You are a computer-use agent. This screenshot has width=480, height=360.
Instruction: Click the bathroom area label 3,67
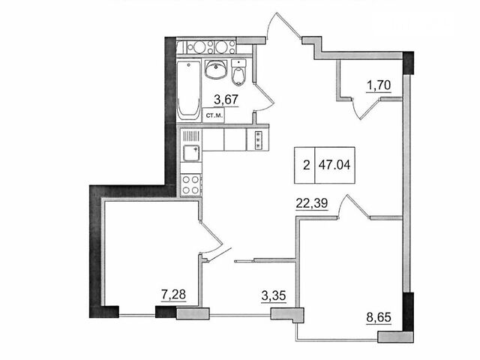pos(226,100)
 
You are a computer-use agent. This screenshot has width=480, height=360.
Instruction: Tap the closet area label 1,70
pos(379,85)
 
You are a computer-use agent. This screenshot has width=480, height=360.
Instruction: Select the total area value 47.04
pos(334,165)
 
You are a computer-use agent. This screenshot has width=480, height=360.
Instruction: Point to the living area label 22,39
pos(312,203)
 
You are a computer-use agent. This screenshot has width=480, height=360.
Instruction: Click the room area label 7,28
pos(173,295)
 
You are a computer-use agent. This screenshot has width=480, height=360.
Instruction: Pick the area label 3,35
pos(274,296)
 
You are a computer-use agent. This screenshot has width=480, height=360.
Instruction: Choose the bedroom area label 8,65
pos(379,317)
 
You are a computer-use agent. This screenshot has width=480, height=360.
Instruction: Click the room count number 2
pos(306,166)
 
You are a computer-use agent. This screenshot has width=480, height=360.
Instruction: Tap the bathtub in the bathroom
pos(188,90)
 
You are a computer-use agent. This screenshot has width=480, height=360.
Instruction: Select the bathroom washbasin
pos(215,69)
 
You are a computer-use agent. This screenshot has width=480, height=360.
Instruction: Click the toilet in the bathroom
pos(238,73)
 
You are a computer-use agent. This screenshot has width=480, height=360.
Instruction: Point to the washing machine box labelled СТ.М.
pos(213,115)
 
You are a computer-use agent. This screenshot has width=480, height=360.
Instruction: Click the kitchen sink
pos(192,153)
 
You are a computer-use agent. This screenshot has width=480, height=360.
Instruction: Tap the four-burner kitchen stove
pos(190,185)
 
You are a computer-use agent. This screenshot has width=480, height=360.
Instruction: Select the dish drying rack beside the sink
pos(192,135)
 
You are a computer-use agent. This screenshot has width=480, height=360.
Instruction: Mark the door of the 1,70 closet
pos(366,108)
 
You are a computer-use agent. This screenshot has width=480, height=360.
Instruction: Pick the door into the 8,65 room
pos(353,206)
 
